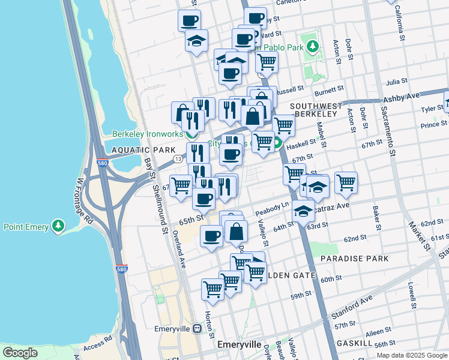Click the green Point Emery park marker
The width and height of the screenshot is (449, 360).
pyautogui.click(x=58, y=226)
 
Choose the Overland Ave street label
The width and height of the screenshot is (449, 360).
pyautogui.click(x=179, y=247)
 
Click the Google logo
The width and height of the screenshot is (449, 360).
pyautogui.click(x=20, y=353)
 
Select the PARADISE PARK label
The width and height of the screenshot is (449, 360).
pyautogui.click(x=354, y=259)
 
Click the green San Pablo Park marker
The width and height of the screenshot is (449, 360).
pyautogui.click(x=312, y=46)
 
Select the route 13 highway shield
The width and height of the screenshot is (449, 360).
pyautogui.click(x=178, y=159)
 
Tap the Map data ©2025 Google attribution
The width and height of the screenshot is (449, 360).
pyautogui.click(x=412, y=355)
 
